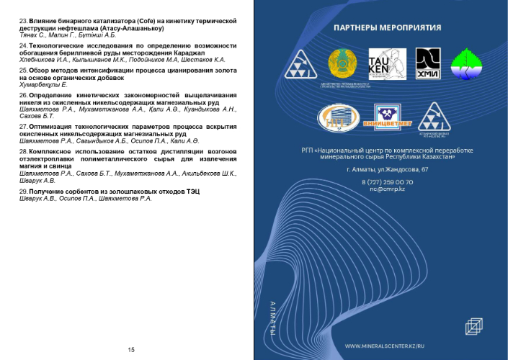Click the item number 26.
[23, 96]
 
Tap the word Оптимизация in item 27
[52, 127]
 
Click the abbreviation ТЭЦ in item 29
[192, 192]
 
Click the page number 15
[131, 350]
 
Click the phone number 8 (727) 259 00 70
[387, 182]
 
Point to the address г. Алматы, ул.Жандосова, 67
[387, 169]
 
